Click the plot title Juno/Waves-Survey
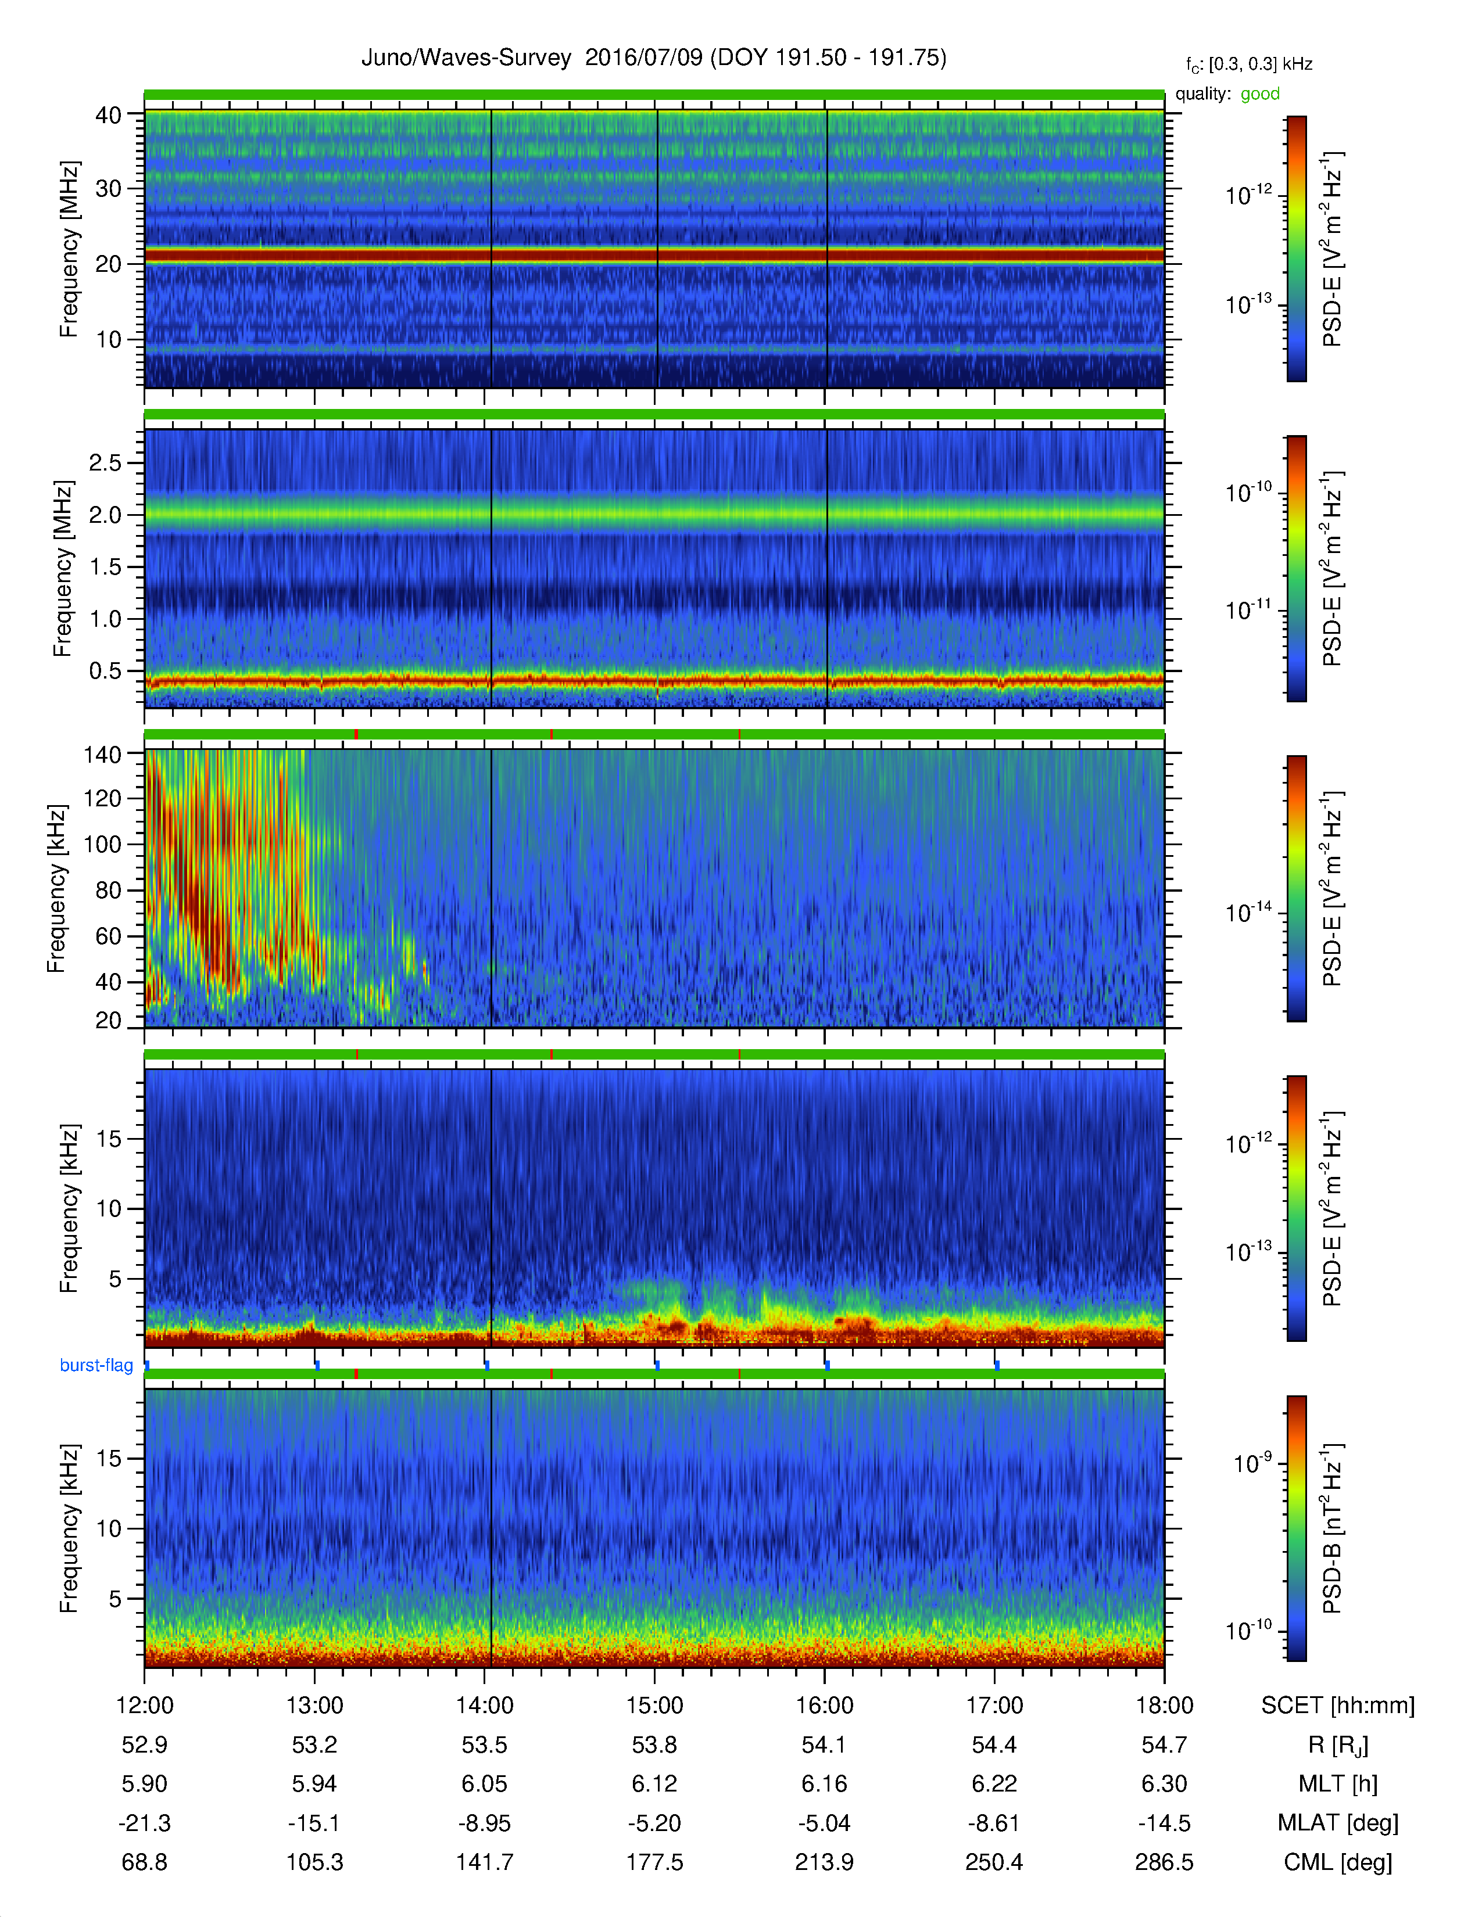pos(466,58)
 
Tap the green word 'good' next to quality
pos(1260,94)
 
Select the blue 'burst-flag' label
pos(96,1365)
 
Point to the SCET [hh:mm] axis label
pos(1338,1706)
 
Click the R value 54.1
pos(825,1745)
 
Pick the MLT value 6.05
pos(485,1783)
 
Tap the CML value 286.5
pos(1164,1862)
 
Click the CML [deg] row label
pos(1338,1862)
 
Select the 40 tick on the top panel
pos(108,115)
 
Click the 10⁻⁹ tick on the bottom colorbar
pos(1252,1463)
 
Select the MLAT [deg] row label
pos(1338,1823)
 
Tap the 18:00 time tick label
pos(1164,1706)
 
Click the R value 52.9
pos(144,1745)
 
